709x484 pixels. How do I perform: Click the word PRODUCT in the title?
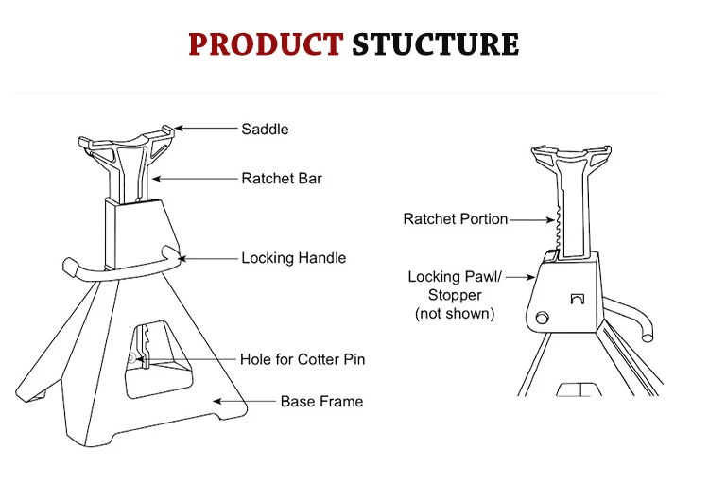coord(265,44)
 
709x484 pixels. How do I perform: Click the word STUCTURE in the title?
coord(435,44)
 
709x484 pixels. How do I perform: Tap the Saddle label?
coord(265,129)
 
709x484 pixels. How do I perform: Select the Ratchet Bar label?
coord(281,178)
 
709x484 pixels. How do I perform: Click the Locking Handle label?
coord(293,257)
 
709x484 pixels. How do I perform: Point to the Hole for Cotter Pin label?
coord(302,359)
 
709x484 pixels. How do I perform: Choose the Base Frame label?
coord(321,401)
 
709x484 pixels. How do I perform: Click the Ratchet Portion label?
coord(455,219)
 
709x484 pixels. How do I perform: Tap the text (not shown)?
coord(454,313)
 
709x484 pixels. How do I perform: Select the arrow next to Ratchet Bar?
coord(194,178)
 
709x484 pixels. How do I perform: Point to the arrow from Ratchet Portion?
coord(532,219)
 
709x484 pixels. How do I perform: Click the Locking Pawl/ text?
coord(454,277)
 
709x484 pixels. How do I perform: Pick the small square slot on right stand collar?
coord(578,300)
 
